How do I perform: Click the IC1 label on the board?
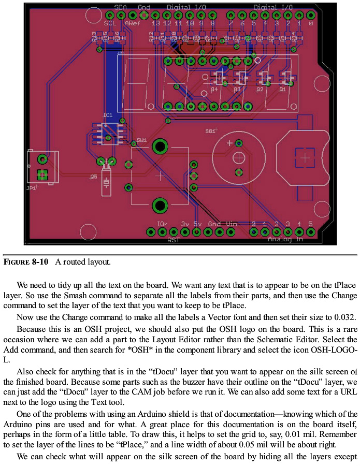click(108, 114)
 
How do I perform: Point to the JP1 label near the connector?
click(32, 188)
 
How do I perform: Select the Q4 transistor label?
click(215, 90)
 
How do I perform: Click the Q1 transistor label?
click(283, 90)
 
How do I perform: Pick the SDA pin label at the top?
click(121, 7)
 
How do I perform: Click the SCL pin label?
click(110, 23)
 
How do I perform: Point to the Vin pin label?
click(232, 224)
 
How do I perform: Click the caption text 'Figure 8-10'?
click(26, 262)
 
